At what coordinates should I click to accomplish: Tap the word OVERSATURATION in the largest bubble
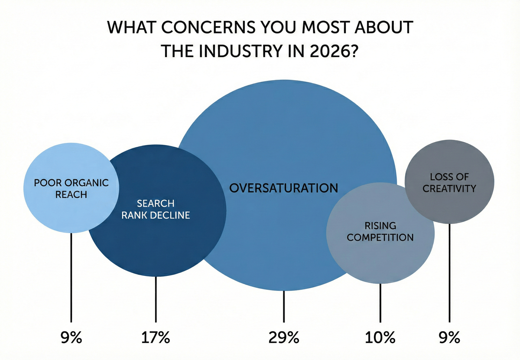pos(283,188)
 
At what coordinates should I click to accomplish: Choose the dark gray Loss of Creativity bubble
pos(449,204)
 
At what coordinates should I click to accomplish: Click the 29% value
pos(284,337)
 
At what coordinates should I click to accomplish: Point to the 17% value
pos(156,337)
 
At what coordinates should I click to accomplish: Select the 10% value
pos(380,337)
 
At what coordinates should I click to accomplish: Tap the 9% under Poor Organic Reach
pos(71,337)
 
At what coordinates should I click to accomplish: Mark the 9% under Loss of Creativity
pos(449,337)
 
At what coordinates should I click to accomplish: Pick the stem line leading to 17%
pos(156,299)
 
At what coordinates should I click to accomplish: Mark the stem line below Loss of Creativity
pos(449,273)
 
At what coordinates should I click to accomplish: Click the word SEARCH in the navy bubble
pos(156,203)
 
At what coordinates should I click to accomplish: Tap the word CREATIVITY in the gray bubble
pos(449,188)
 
